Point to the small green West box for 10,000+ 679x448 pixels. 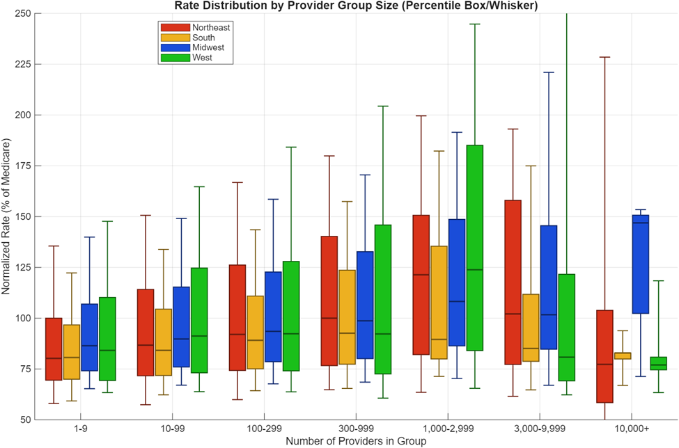(659, 363)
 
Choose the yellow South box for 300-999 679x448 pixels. (347, 317)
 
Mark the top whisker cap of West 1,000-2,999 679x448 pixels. (476, 24)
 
